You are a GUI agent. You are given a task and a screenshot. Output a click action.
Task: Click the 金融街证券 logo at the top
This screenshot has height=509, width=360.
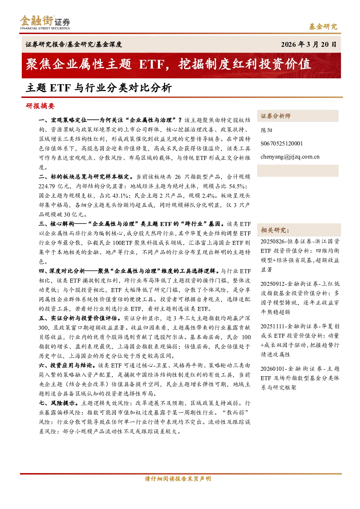click(x=45, y=22)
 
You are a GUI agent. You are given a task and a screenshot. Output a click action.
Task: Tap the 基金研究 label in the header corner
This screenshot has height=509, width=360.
click(x=323, y=26)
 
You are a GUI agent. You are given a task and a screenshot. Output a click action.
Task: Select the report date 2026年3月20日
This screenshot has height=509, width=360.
click(x=308, y=44)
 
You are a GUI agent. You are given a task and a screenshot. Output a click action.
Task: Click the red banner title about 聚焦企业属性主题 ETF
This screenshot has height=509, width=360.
click(x=168, y=64)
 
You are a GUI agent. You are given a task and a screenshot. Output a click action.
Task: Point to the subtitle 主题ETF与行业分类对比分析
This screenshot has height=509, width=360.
click(x=99, y=88)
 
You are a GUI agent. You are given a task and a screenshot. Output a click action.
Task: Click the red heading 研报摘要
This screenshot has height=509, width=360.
click(x=40, y=106)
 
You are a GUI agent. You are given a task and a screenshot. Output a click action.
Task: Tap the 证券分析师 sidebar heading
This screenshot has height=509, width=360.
click(x=275, y=116)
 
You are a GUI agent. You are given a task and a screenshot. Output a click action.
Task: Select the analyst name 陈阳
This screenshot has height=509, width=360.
click(x=266, y=130)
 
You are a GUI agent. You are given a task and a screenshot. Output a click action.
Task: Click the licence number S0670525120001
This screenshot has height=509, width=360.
click(x=282, y=143)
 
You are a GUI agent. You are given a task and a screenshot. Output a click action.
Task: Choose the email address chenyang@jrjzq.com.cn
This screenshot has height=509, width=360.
click(x=290, y=157)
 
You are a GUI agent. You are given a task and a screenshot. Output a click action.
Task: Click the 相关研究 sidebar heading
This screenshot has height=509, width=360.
click(x=275, y=230)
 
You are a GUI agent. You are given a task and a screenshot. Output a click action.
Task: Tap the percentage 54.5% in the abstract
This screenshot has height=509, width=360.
click(x=237, y=186)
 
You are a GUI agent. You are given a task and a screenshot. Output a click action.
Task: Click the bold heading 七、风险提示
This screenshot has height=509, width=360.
click(x=58, y=403)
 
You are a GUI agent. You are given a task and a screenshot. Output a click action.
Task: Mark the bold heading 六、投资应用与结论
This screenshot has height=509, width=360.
click(x=66, y=365)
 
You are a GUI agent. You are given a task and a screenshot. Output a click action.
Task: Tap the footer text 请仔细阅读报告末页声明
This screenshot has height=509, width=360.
click(x=178, y=479)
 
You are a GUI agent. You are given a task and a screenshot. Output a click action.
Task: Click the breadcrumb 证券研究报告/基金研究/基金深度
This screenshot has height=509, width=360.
click(x=74, y=44)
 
